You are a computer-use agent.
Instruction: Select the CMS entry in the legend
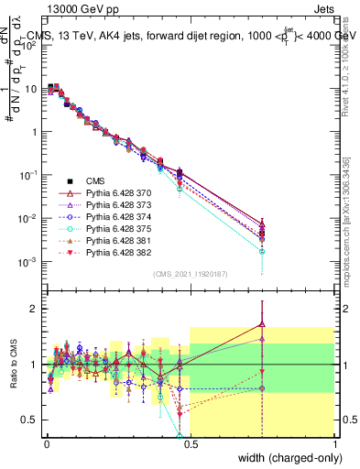pos(96,180)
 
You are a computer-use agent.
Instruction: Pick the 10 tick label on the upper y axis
pos(33,88)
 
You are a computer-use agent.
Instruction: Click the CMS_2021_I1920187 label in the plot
pos(190,273)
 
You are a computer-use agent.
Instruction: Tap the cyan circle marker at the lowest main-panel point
pos(262,251)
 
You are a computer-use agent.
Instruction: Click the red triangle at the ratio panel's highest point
pos(262,323)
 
